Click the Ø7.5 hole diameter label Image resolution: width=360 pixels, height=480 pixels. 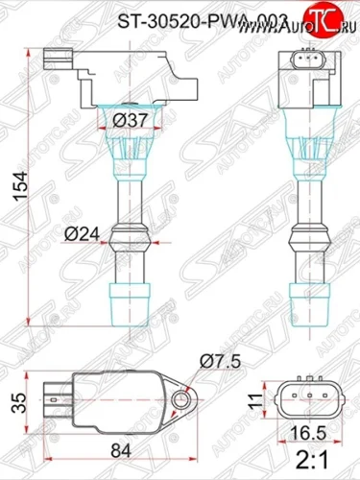[x=217, y=361]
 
